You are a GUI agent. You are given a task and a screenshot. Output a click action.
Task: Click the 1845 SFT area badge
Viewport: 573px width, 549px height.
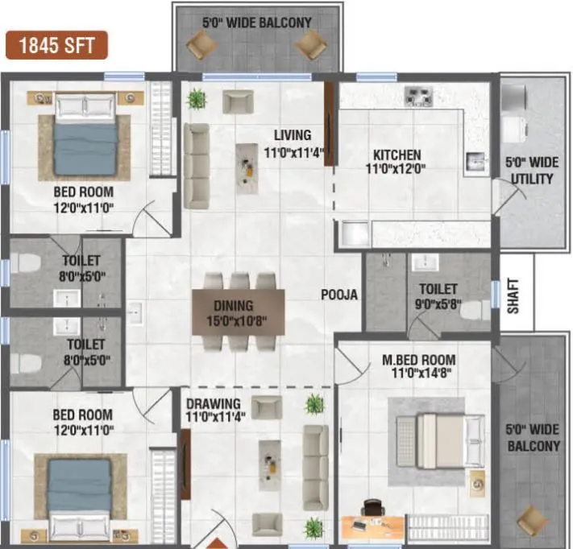pos(57,45)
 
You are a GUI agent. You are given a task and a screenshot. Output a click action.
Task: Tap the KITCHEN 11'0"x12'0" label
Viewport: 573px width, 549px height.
pos(396,162)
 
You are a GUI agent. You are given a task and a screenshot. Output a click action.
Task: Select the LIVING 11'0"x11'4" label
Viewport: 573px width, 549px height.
pos(291,142)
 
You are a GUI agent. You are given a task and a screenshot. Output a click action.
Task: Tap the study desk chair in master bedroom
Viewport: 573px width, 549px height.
pos(372,509)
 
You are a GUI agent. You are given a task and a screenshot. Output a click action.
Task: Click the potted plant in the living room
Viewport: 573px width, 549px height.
pos(196,99)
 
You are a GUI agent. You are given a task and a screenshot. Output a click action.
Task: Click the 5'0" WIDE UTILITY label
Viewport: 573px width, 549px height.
pos(529,170)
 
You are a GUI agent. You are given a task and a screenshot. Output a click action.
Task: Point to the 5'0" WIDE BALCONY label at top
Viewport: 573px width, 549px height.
pos(255,22)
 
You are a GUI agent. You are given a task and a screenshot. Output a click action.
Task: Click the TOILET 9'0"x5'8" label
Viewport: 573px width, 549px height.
pos(438,296)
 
